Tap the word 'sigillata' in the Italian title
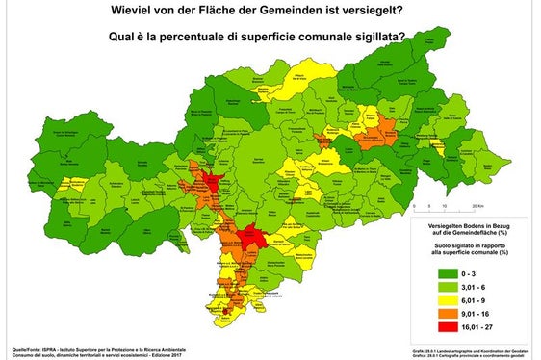coord(371,39)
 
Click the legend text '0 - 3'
coord(472,272)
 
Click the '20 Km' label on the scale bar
coord(476,206)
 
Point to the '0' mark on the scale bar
coord(412,206)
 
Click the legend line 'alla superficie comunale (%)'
coord(466,252)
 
